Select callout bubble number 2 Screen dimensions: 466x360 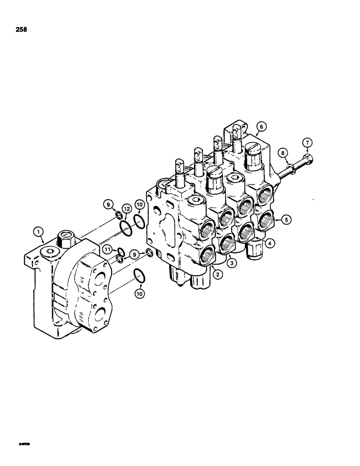tap(215, 275)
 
